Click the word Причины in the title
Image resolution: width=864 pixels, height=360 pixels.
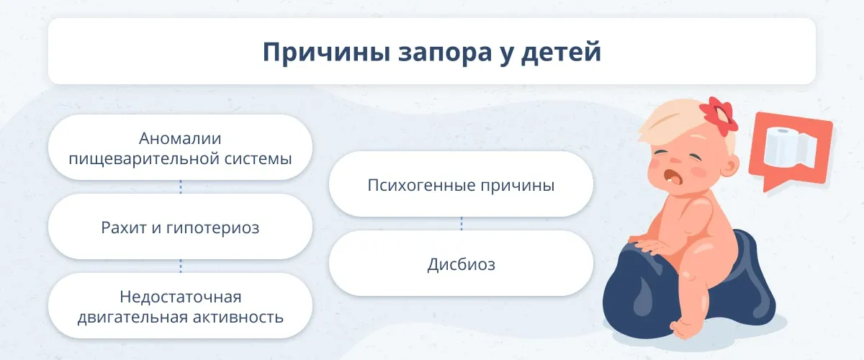(x=327, y=53)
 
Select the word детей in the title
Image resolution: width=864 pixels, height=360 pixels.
(x=561, y=53)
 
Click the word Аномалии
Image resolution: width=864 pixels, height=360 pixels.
(x=180, y=138)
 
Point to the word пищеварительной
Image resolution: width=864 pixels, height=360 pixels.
(x=143, y=159)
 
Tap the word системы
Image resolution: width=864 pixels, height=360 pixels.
(x=258, y=159)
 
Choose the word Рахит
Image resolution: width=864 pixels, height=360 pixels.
(x=123, y=228)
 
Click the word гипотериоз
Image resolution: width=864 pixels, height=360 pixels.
(x=212, y=228)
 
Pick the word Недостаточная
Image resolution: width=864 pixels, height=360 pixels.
(x=181, y=297)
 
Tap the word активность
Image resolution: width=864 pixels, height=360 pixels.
(x=238, y=318)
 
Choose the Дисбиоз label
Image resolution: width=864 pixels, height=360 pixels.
(x=462, y=265)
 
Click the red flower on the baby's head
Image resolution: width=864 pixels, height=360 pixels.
(x=719, y=116)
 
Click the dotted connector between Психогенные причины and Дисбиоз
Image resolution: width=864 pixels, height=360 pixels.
(x=462, y=224)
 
